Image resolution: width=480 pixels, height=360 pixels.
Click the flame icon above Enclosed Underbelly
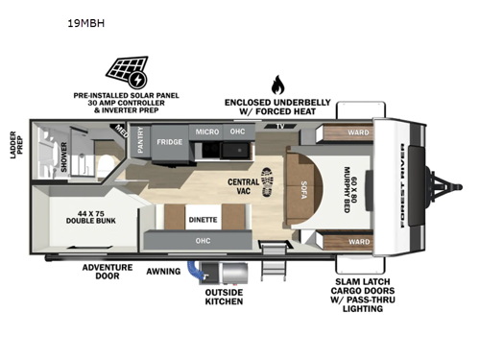277,84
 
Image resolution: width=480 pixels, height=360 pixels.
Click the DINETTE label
202,220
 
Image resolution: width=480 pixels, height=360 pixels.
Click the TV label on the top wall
279,126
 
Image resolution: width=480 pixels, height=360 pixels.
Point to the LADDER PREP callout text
14,143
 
